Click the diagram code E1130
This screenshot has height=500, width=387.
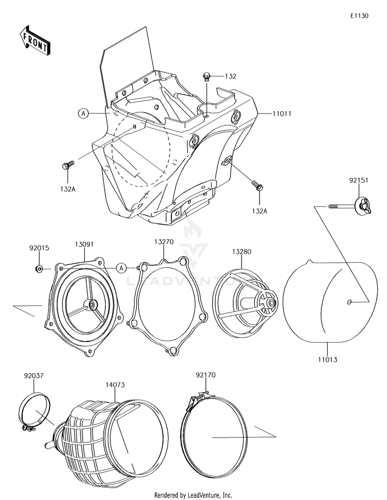click(359, 16)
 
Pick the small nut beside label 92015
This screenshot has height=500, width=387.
click(39, 268)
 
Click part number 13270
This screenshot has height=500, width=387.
click(164, 241)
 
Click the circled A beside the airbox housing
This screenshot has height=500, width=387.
click(83, 113)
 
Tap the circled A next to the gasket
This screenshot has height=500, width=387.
click(120, 267)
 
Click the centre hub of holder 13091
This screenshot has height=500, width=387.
click(92, 305)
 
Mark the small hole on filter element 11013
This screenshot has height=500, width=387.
click(350, 301)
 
